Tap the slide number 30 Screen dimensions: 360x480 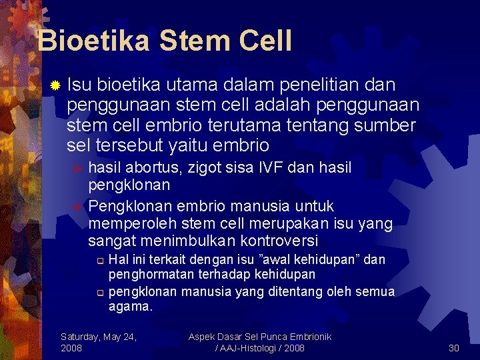pos(454,348)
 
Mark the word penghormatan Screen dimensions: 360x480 pos(147,275)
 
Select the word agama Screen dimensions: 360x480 pos(129,307)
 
